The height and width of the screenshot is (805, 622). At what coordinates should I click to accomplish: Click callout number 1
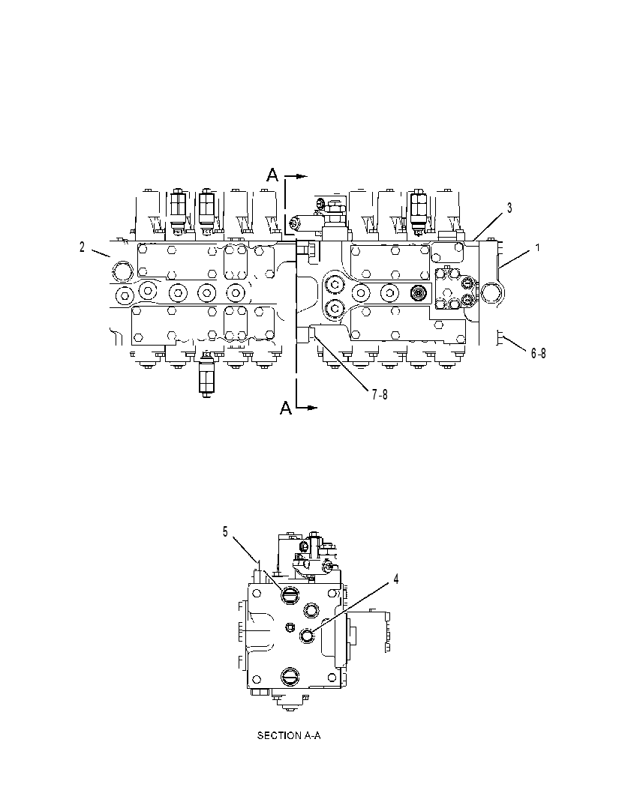pyautogui.click(x=538, y=247)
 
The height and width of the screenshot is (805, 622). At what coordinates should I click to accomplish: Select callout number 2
pyautogui.click(x=82, y=247)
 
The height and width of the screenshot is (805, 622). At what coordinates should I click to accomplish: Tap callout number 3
pyautogui.click(x=509, y=208)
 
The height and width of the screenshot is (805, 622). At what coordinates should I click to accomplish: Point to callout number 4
pyautogui.click(x=396, y=579)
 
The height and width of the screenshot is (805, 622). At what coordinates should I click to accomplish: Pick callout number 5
pyautogui.click(x=225, y=532)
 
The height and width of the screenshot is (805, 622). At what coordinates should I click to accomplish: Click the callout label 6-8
pyautogui.click(x=538, y=353)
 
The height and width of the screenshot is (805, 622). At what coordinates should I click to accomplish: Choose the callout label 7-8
pyautogui.click(x=380, y=394)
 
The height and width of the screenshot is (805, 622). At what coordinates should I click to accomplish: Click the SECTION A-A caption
pyautogui.click(x=289, y=736)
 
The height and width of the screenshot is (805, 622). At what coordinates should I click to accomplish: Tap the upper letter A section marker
pyautogui.click(x=272, y=175)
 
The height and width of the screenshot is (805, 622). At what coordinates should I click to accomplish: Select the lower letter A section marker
pyautogui.click(x=286, y=408)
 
